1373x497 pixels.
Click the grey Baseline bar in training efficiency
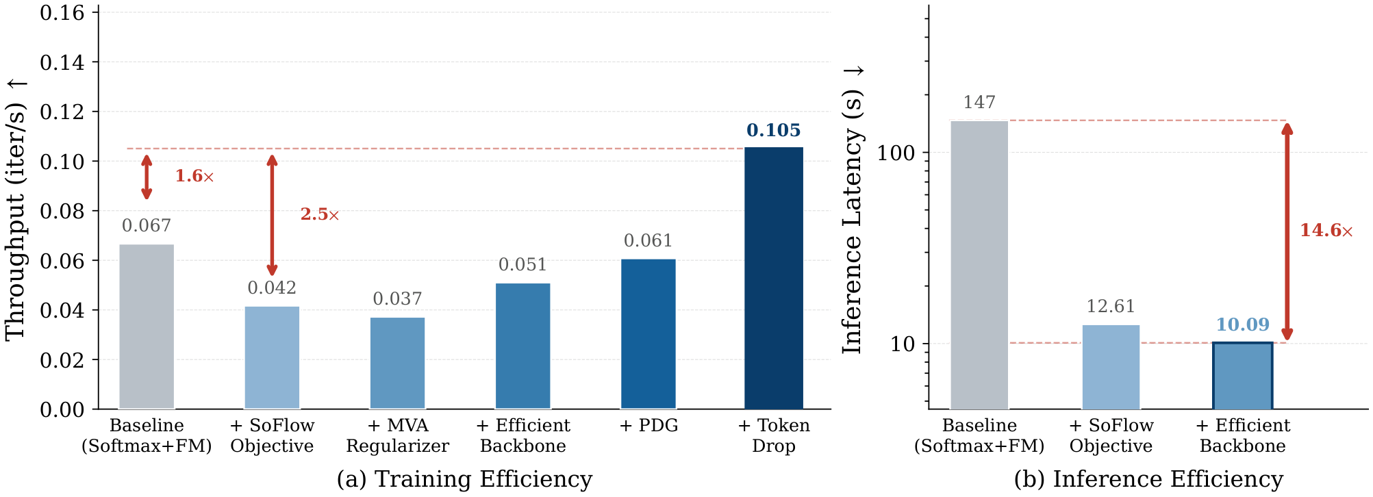147,327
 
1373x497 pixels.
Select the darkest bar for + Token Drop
774,278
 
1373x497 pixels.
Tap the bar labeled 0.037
397,363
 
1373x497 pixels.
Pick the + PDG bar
648,333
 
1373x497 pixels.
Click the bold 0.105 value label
773,130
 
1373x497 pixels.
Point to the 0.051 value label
522,265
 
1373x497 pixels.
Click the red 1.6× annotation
194,177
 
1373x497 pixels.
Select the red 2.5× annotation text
320,214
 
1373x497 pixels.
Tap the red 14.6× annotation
1326,231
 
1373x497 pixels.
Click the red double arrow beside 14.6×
1287,231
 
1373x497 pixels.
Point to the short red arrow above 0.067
147,177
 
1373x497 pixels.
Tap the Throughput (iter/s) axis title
15,209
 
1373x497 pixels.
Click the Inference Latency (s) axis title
853,210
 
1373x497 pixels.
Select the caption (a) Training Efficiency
464,479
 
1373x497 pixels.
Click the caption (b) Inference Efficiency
1148,479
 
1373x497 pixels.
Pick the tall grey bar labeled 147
979,265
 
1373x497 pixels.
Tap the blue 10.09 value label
1242,324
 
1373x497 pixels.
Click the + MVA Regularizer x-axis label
397,435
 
